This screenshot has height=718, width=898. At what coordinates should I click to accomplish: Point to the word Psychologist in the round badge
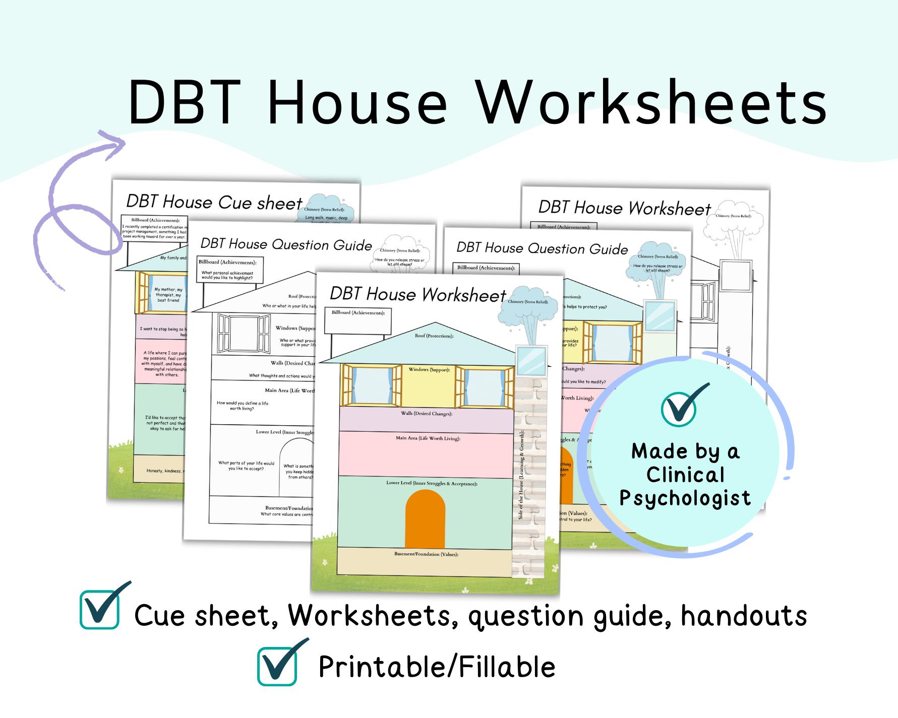[x=685, y=498]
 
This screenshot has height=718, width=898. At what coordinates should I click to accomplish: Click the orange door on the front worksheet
[x=425, y=519]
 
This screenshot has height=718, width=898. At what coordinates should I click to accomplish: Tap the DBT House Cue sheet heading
[x=214, y=202]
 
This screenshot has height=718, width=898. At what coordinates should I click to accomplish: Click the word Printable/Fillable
[x=437, y=667]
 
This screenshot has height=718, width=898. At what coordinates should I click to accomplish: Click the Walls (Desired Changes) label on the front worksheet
[x=426, y=414]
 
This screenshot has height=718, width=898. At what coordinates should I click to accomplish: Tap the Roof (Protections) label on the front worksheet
[x=434, y=336]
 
